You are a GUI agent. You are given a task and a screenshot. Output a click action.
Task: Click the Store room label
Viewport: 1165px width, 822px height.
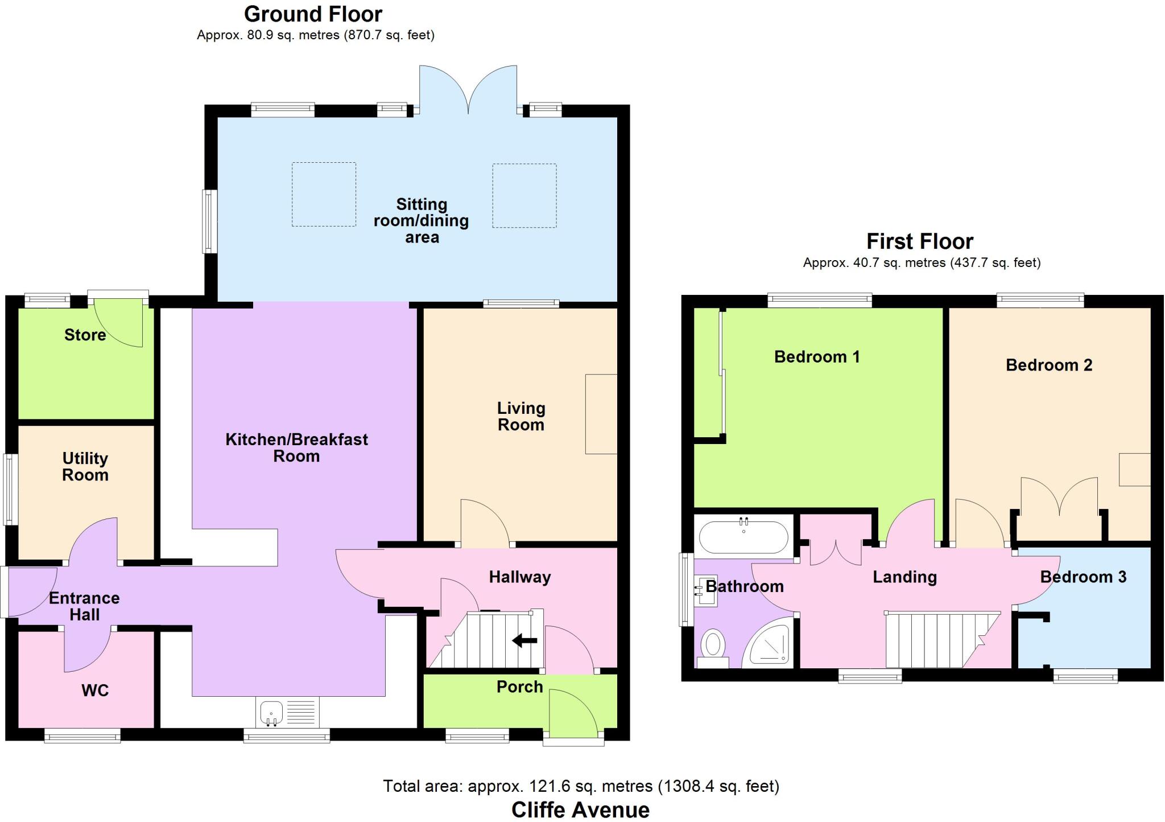pos(85,335)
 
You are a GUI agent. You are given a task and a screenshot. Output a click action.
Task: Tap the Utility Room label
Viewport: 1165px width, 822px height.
pos(85,467)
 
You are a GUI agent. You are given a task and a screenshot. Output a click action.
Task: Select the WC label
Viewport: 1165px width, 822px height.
pos(95,691)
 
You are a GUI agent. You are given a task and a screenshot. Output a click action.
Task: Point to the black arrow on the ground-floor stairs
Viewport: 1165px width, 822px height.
pos(524,641)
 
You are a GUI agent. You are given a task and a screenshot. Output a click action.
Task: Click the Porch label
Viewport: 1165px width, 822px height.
pos(519,687)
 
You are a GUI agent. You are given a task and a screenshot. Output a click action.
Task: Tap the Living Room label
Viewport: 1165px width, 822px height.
pos(521,416)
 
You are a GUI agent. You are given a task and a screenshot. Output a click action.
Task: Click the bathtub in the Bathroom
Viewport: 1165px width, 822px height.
pos(743,536)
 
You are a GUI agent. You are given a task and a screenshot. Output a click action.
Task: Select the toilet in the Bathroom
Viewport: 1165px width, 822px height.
pos(713,648)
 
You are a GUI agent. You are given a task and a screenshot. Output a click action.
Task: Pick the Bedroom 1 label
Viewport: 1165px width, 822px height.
pos(817,357)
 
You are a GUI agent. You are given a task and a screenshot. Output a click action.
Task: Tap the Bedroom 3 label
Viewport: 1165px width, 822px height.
pos(1083,577)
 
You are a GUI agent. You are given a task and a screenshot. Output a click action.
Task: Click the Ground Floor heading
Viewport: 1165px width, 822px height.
pos(313,14)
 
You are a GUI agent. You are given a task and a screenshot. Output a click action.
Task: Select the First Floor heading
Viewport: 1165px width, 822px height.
pos(920,241)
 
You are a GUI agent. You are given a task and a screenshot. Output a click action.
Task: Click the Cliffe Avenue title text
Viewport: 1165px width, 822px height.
pos(580,809)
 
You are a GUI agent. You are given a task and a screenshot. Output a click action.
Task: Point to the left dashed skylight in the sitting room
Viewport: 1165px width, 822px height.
pos(324,194)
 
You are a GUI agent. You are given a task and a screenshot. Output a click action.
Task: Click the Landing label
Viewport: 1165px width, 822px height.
pos(904,577)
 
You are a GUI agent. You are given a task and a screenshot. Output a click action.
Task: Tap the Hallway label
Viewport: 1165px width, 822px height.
pos(520,577)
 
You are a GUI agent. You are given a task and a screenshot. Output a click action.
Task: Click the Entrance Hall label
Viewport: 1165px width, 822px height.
pos(84,606)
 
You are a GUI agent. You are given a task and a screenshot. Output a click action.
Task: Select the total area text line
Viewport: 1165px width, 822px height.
pos(581,786)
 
